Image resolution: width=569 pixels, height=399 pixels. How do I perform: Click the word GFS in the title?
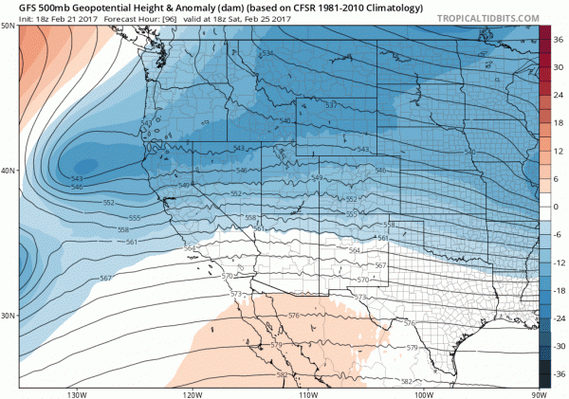click(x=28, y=7)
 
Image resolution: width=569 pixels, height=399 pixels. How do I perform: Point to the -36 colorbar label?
click(x=560, y=375)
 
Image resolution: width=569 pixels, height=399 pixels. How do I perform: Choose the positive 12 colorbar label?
click(x=560, y=150)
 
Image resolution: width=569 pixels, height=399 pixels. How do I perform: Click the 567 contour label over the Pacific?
click(x=105, y=278)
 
